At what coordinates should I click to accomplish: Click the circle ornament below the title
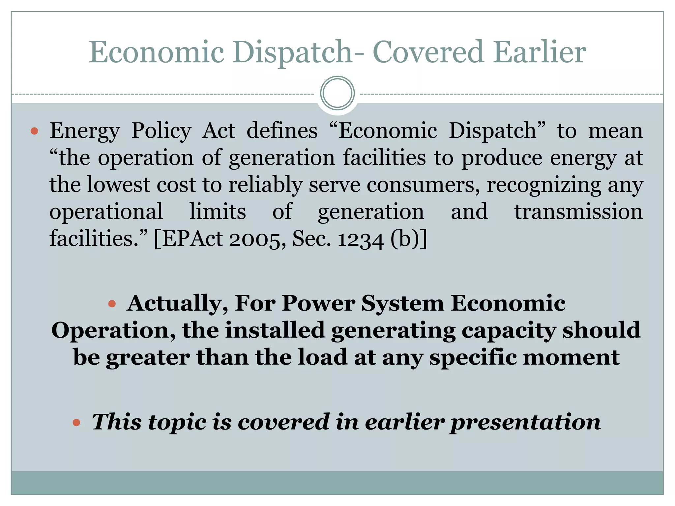[337, 93]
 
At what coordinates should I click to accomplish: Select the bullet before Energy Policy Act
[34, 131]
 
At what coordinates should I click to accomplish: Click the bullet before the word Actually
[112, 303]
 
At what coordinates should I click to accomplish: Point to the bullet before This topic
[76, 422]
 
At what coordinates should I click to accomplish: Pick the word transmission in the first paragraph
[578, 212]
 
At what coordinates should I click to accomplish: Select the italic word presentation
[525, 422]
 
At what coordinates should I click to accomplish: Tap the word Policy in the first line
[161, 131]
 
